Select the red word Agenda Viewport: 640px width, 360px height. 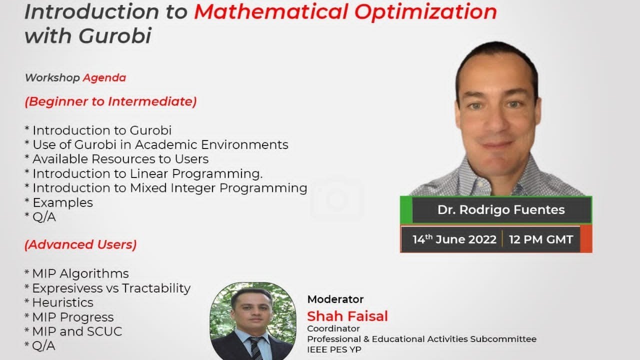click(104, 77)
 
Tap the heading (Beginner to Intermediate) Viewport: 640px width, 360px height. click(110, 101)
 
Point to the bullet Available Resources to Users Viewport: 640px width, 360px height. click(120, 159)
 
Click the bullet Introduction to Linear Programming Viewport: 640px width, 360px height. click(147, 173)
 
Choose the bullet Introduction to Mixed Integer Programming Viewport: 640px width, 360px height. click(169, 188)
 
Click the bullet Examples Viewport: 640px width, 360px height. click(62, 202)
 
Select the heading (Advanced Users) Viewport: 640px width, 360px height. click(80, 244)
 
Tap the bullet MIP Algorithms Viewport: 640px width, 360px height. click(80, 273)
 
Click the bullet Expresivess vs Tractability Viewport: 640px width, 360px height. click(111, 288)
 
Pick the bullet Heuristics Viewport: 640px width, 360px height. click(62, 302)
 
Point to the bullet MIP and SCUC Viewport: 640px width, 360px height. click(76, 331)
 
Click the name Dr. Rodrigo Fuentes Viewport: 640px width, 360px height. click(501, 210)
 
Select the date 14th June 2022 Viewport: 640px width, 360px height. click(454, 239)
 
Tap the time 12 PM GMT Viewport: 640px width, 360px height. click(540, 239)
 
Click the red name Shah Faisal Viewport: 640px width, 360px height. click(347, 316)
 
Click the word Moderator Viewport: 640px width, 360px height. click(335, 299)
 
